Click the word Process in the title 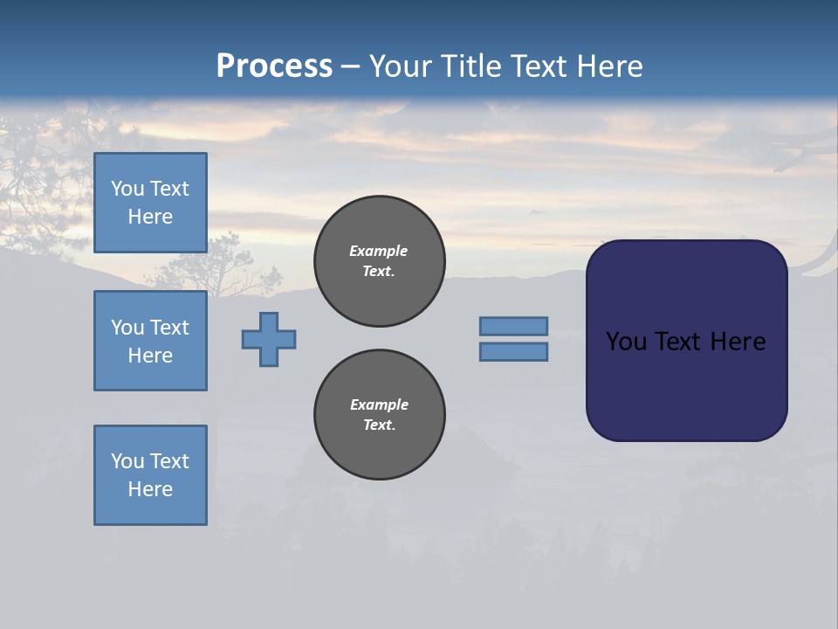click(274, 66)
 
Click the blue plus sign click(269, 339)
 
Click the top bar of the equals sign click(513, 326)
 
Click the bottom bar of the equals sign click(513, 351)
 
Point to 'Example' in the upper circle click(378, 251)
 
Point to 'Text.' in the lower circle click(379, 425)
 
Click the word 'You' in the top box click(127, 189)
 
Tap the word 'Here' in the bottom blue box click(150, 489)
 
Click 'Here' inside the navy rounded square click(738, 342)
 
